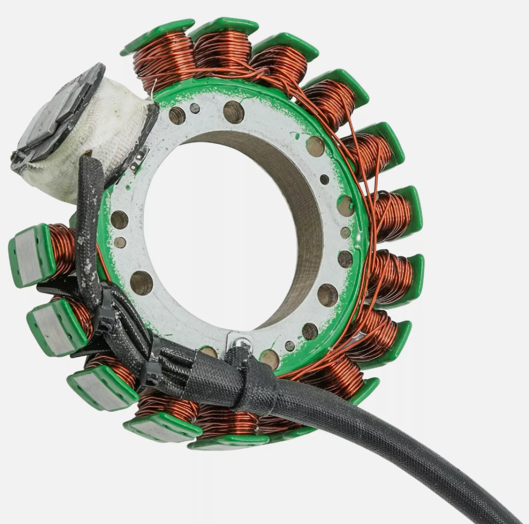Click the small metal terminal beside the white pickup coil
pyautogui.click(x=139, y=157)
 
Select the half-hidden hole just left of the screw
pyautogui.click(x=209, y=351)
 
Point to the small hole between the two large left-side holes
pyautogui.click(x=120, y=242)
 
